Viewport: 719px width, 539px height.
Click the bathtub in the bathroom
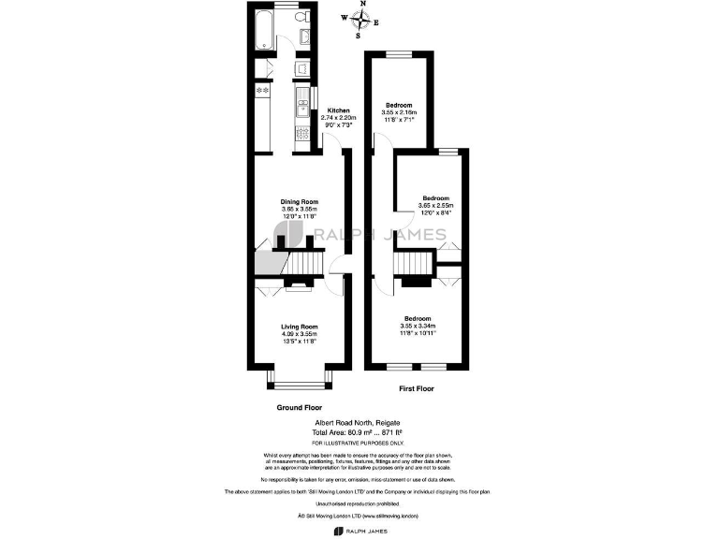(263, 30)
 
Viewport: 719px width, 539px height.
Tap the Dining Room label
(300, 202)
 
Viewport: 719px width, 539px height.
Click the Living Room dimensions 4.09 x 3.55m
(300, 334)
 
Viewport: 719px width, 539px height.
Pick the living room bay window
(300, 378)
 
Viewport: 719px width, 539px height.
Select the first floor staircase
(413, 268)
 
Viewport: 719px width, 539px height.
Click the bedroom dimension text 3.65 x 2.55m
(435, 206)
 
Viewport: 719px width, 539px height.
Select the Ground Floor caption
(300, 408)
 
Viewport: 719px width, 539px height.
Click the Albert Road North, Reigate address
(359, 423)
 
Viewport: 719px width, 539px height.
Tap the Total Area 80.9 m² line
(359, 431)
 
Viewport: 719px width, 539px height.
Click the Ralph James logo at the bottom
(359, 532)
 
